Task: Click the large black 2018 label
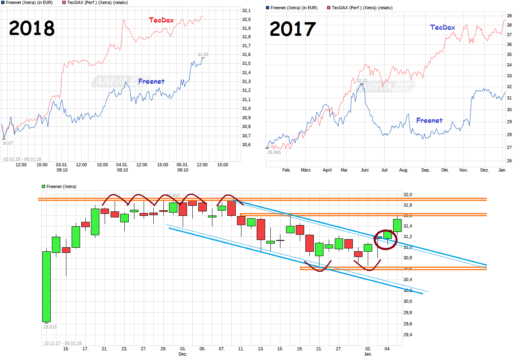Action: click(x=32, y=29)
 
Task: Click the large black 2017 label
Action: click(x=293, y=29)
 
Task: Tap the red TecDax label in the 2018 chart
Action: click(x=161, y=20)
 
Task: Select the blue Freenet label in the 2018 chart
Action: click(x=151, y=81)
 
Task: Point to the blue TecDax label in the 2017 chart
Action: click(x=443, y=27)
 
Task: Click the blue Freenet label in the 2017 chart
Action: click(x=429, y=120)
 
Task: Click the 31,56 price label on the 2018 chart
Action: click(x=203, y=54)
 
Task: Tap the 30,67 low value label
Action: click(x=8, y=143)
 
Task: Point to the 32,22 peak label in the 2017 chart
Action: click(x=362, y=81)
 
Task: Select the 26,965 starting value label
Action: click(x=274, y=152)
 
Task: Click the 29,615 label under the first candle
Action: click(x=50, y=327)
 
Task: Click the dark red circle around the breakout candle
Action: click(x=385, y=240)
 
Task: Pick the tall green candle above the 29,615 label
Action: click(x=47, y=286)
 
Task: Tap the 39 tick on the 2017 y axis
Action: click(x=509, y=16)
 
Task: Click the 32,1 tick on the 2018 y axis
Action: click(x=246, y=10)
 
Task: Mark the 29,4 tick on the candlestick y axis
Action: click(x=408, y=335)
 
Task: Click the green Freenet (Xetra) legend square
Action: click(x=43, y=186)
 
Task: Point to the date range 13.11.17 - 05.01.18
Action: click(x=62, y=343)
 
